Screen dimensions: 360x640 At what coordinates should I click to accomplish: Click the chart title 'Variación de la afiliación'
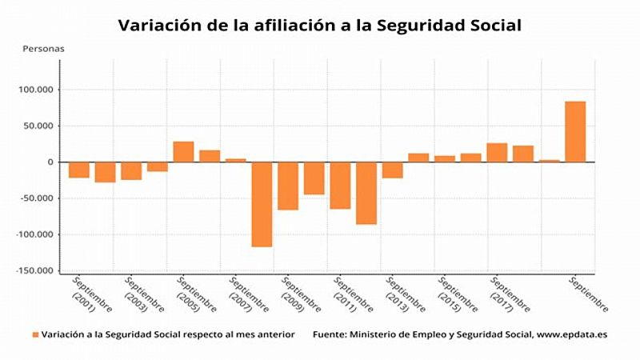point(320,26)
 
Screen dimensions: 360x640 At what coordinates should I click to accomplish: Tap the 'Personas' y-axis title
point(45,48)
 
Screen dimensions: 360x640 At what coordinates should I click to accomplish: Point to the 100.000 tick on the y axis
point(35,90)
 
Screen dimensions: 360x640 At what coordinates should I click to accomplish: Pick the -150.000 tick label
point(34,271)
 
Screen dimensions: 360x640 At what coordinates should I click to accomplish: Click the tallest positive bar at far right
point(575,132)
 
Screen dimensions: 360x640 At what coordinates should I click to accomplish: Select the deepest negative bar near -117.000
point(262,204)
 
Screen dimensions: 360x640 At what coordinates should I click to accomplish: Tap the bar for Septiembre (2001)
point(79,170)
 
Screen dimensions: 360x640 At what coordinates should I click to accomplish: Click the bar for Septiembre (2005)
point(183,152)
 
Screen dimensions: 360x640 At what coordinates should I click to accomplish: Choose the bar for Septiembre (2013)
point(392,170)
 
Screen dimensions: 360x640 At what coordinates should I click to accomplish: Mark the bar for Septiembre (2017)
point(497,153)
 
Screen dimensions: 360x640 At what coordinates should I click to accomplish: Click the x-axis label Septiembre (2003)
point(144,295)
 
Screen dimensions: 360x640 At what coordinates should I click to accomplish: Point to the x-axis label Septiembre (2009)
point(300,295)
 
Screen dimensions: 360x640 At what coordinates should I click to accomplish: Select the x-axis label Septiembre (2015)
point(457,295)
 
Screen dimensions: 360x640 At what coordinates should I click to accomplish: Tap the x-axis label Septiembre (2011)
point(352,295)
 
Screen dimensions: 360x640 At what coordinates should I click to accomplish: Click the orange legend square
point(35,334)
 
